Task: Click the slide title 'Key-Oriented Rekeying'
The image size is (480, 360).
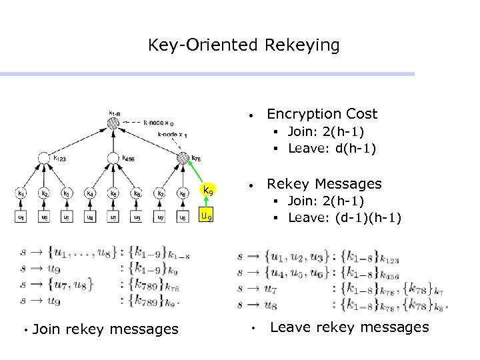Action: click(243, 45)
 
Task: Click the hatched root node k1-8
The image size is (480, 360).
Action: click(114, 123)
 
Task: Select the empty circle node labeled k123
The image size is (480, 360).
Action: click(43, 158)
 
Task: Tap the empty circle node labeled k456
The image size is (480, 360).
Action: click(114, 158)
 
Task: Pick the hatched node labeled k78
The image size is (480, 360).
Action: click(184, 158)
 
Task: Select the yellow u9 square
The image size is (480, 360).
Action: click(207, 216)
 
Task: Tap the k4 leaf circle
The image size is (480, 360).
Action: click(90, 194)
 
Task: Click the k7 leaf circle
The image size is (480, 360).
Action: click(161, 194)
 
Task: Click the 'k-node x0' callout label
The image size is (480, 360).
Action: click(159, 123)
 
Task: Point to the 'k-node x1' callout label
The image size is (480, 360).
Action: click(173, 135)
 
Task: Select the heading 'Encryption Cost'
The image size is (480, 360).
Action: click(321, 114)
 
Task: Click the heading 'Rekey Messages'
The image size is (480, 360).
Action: click(324, 183)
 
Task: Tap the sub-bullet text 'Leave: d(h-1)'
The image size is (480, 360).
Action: click(331, 148)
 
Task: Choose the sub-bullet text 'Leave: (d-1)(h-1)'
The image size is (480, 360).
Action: click(344, 217)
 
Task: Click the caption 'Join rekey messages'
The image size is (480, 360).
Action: click(105, 329)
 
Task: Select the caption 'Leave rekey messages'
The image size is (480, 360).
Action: click(349, 327)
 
